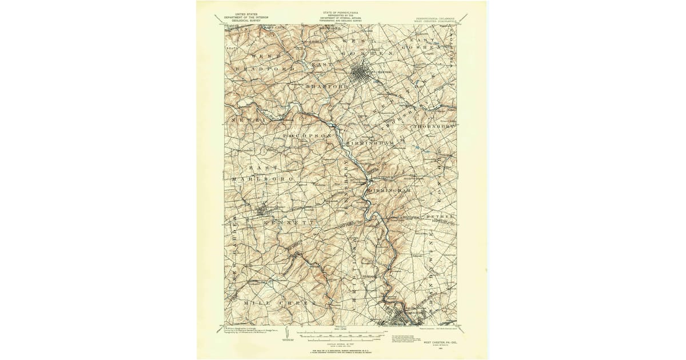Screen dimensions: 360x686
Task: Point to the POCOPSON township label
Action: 307,135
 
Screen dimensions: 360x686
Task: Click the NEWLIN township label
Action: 246,121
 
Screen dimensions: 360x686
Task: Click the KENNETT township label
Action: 290,221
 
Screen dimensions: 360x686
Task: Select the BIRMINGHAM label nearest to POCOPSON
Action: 370,142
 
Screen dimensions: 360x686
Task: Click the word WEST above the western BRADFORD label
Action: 264,57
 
